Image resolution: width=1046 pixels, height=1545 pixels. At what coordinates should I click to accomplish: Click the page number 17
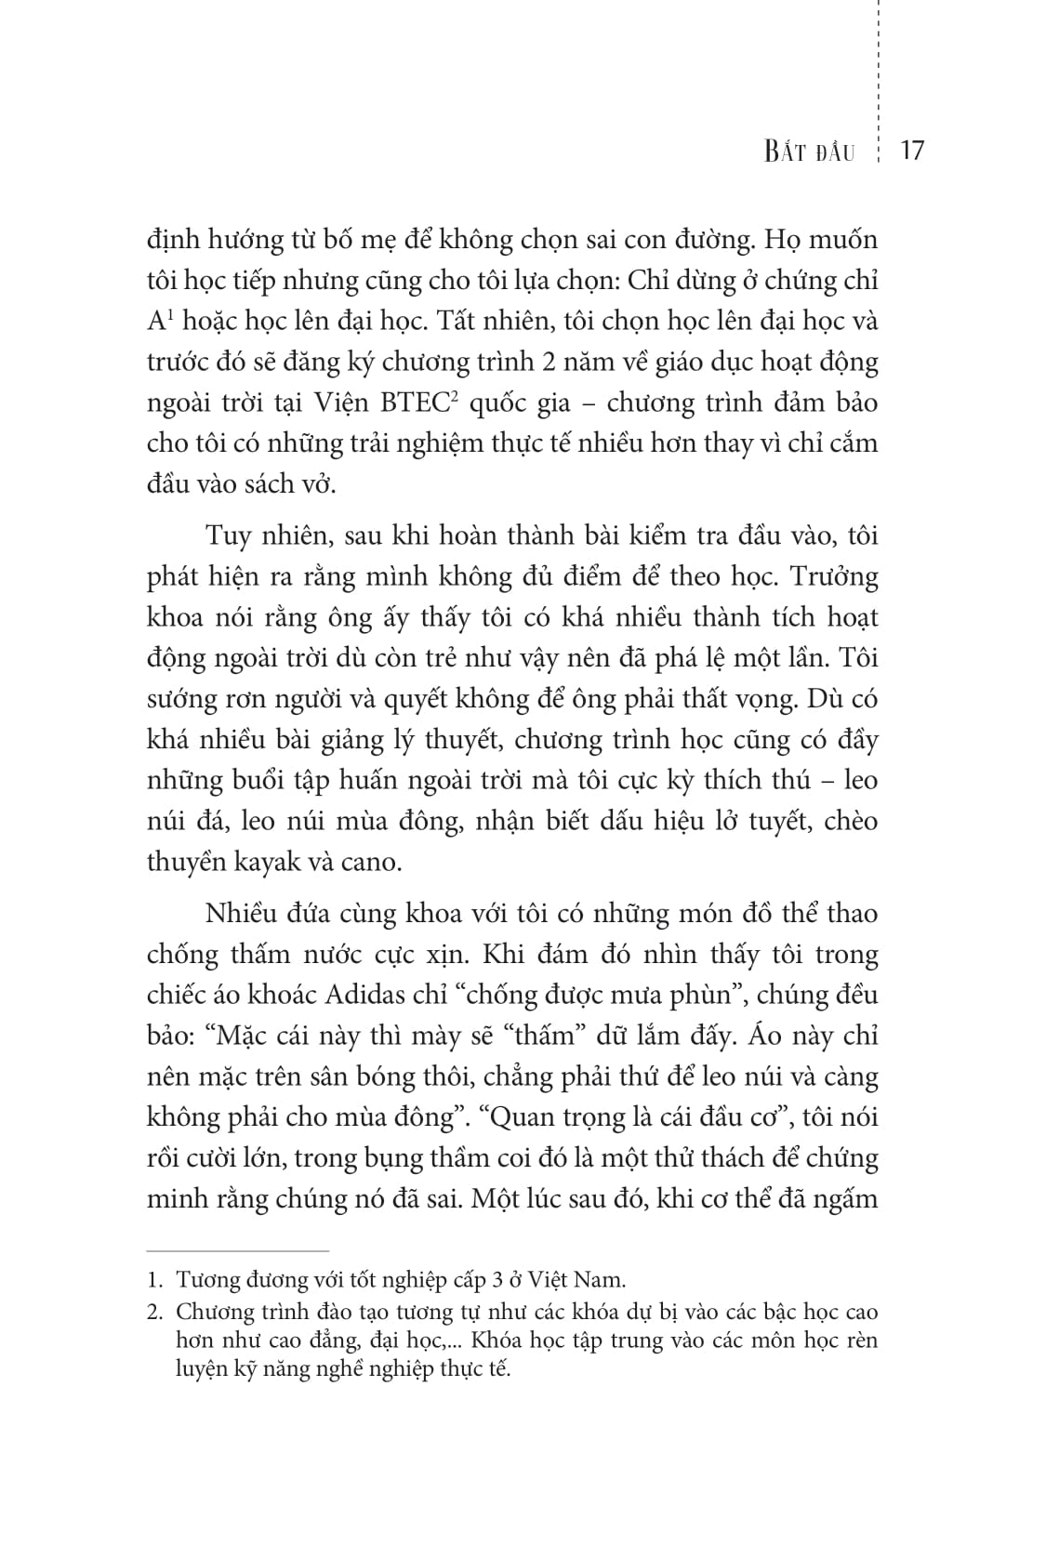[912, 151]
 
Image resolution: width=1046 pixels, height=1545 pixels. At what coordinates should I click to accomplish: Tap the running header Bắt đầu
[809, 152]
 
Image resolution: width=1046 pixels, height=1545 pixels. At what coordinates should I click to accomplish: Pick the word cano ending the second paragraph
[370, 862]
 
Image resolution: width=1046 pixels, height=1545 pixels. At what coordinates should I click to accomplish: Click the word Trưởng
[833, 576]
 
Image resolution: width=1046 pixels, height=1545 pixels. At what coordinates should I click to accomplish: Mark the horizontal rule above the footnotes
[238, 1251]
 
